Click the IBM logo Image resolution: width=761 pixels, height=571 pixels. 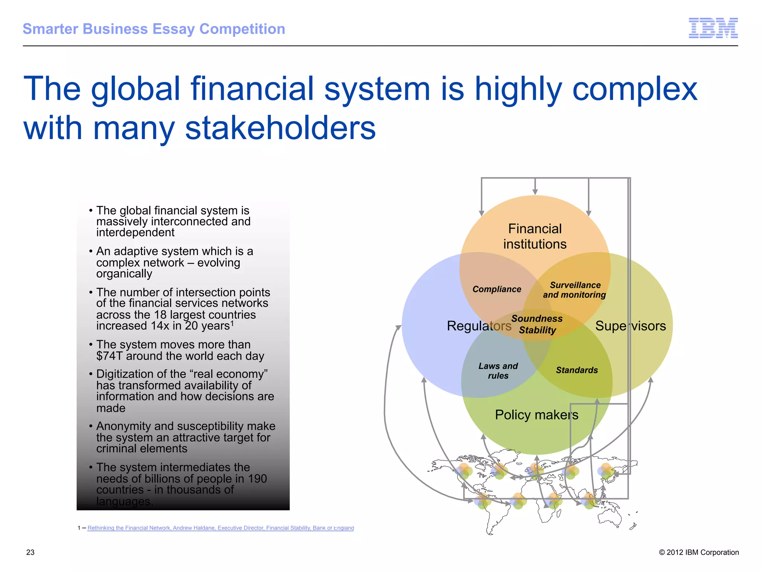(x=713, y=28)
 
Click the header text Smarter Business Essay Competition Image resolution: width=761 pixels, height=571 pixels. (x=154, y=29)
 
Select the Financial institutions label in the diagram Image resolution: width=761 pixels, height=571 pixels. (x=535, y=236)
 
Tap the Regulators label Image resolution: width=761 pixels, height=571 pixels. (x=479, y=326)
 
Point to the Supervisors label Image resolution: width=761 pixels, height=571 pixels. (x=630, y=326)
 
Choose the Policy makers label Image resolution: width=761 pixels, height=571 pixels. (x=536, y=414)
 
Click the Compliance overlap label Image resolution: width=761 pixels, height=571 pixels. (x=497, y=289)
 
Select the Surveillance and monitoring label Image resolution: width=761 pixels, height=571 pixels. (x=574, y=290)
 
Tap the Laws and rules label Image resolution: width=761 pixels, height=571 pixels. (x=498, y=371)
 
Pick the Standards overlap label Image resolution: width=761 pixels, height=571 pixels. (x=577, y=370)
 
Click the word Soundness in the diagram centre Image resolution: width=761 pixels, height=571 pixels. (x=537, y=319)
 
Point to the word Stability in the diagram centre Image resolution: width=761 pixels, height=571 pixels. (x=537, y=330)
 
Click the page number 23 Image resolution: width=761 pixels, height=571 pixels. (x=30, y=552)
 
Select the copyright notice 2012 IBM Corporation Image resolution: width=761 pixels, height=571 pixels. (x=699, y=552)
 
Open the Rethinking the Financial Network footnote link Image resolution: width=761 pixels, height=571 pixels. (x=221, y=528)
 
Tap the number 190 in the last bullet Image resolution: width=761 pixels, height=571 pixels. (x=258, y=479)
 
